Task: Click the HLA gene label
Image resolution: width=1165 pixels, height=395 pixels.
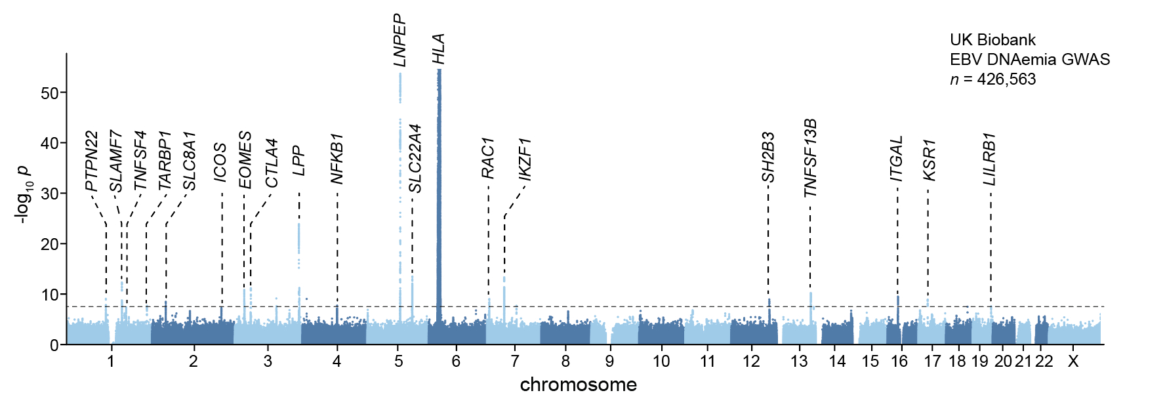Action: coord(439,49)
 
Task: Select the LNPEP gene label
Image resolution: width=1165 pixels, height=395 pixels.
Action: coord(400,40)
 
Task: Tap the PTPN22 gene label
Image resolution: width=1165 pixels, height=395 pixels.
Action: coord(92,161)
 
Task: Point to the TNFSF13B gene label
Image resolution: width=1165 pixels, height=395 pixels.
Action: coord(810,158)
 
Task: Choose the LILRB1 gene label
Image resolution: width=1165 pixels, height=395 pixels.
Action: coord(990,159)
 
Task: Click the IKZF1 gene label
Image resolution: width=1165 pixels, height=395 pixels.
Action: coord(525,159)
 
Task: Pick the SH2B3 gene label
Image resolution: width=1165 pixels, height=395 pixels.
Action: coord(768,157)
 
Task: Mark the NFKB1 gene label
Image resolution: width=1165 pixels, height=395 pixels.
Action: coord(337,159)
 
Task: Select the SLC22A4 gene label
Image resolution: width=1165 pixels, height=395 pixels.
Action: coord(415,159)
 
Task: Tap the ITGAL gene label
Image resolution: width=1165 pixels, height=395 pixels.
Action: coord(897,159)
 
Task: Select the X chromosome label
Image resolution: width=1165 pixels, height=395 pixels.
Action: coord(1073,361)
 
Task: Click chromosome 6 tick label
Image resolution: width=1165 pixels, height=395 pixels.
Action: coord(456,361)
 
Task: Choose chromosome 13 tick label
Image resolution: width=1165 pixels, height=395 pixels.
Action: coord(799,361)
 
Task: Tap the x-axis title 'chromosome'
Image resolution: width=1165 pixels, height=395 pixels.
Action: coord(578,385)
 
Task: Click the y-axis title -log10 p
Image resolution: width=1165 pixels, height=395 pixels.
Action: coord(23,194)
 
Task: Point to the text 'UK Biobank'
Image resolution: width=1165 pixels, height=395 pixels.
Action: coord(992,40)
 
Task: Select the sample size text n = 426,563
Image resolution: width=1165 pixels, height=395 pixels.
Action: coord(992,79)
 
